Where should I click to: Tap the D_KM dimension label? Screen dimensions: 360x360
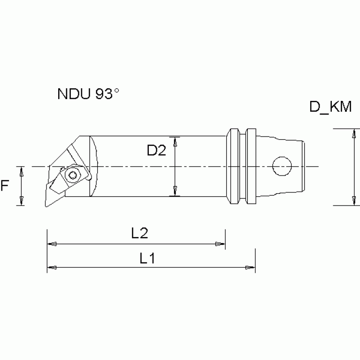click(330, 107)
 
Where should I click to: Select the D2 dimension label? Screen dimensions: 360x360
click(156, 150)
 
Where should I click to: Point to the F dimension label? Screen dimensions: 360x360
click(5, 186)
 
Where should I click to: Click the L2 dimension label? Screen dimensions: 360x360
click(140, 233)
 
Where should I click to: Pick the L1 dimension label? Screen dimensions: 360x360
click(147, 258)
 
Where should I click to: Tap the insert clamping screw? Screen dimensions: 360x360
click(72, 176)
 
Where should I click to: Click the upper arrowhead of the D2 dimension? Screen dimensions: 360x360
click(175, 140)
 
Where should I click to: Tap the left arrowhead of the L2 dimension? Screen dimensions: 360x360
click(52, 244)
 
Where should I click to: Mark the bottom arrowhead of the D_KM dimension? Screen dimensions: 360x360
click(353, 201)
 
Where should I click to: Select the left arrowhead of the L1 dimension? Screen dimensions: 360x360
click(52, 268)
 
